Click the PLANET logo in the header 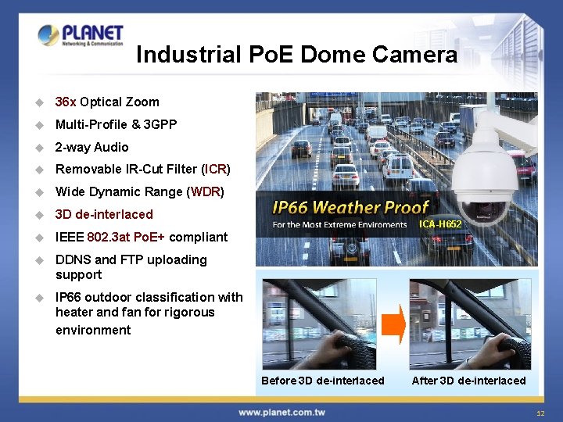(80, 35)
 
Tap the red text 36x (66, 102)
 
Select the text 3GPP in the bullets (160, 124)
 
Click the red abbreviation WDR (206, 191)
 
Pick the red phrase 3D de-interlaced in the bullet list (104, 214)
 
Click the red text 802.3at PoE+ (126, 237)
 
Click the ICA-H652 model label (440, 224)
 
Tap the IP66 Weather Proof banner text (350, 207)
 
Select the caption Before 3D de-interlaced (322, 381)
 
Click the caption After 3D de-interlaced (468, 381)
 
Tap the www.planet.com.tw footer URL (281, 412)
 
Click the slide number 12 (540, 413)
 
